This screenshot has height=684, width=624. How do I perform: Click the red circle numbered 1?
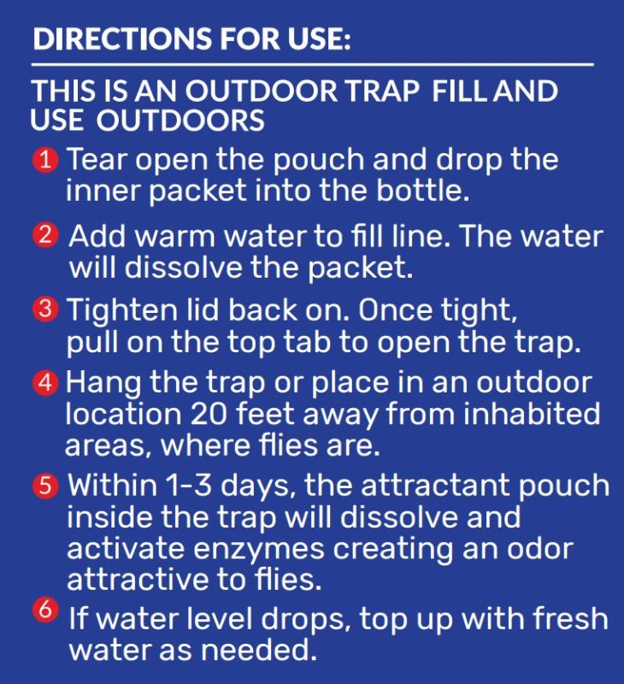pos(45,160)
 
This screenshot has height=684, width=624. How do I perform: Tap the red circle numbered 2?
pos(45,236)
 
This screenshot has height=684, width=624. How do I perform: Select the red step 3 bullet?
pos(45,310)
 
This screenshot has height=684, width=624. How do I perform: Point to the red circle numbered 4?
pos(45,383)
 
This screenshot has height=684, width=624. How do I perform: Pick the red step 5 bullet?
pos(45,486)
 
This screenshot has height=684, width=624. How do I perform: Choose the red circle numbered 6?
pos(45,610)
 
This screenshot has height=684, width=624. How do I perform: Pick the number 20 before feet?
pos(209,414)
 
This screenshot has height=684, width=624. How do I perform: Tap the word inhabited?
pos(531,413)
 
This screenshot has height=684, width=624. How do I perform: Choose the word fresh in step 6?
pos(570,617)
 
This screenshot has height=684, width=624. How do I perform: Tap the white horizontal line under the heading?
pos(312,65)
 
